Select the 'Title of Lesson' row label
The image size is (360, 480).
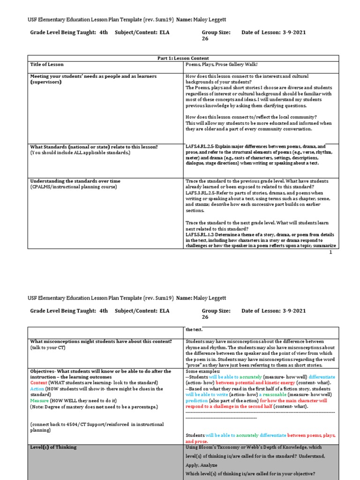pos(47,64)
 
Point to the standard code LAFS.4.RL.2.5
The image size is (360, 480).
pos(200,146)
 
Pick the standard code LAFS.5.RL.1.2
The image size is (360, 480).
pos(201,233)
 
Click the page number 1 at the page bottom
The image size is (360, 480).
pos(330,252)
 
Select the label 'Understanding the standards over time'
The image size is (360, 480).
pos(75,181)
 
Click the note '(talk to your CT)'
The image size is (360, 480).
pos(48,348)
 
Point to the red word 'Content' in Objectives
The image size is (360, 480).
pos(39,383)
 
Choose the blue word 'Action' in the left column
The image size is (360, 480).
pos(37,389)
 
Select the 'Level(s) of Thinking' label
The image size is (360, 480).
pos(53,447)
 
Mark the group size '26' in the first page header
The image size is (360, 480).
pos(205,39)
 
